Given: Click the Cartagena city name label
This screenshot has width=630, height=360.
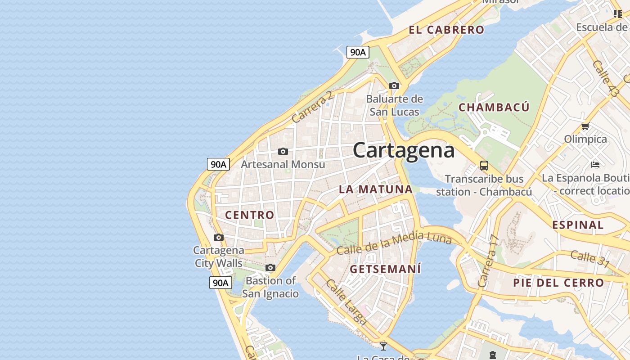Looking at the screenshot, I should click(404, 150).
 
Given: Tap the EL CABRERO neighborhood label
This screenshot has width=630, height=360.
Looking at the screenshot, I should click(446, 30).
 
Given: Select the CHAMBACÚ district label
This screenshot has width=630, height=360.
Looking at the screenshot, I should click(494, 108).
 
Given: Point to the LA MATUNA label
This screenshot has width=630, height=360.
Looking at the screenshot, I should click(376, 189).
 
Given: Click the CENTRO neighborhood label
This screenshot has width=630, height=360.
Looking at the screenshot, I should click(249, 215).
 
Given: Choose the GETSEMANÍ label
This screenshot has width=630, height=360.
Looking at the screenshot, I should click(386, 270).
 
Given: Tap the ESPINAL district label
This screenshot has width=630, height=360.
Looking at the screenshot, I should click(578, 225).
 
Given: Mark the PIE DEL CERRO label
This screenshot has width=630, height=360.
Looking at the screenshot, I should click(558, 283).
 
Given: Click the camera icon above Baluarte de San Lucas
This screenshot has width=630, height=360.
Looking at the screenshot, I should click(394, 85).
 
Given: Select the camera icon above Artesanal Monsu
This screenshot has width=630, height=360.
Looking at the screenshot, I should click(283, 151).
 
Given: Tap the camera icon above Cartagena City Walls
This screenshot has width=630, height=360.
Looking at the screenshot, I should click(219, 237).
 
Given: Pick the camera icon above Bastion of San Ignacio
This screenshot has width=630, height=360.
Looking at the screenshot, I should click(270, 268).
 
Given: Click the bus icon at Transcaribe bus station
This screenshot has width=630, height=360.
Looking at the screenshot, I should click(484, 166).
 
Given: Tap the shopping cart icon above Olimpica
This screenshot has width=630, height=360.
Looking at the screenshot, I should click(585, 126).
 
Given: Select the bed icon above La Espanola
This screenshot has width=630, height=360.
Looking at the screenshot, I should click(595, 165).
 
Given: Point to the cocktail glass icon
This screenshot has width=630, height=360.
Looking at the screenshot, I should click(383, 346).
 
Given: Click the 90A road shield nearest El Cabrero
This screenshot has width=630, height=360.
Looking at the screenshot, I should click(358, 52).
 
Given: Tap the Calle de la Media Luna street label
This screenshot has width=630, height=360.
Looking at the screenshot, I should click(394, 243).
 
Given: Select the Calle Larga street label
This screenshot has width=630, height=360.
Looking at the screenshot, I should click(346, 302).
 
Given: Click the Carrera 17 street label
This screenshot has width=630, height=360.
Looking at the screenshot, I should click(488, 261).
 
